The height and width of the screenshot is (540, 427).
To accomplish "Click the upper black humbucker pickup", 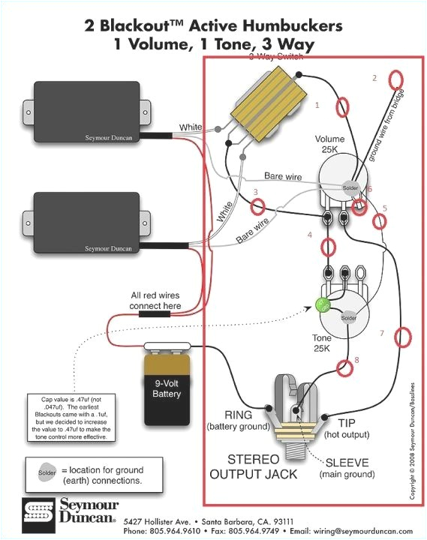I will (x=86, y=112).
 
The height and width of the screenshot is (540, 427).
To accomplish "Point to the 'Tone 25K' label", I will (x=322, y=343).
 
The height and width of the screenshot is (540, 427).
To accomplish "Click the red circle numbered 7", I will (x=403, y=336).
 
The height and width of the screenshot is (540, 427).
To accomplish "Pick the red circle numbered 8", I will (x=345, y=367).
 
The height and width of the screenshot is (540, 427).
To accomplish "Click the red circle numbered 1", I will (x=342, y=106).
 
